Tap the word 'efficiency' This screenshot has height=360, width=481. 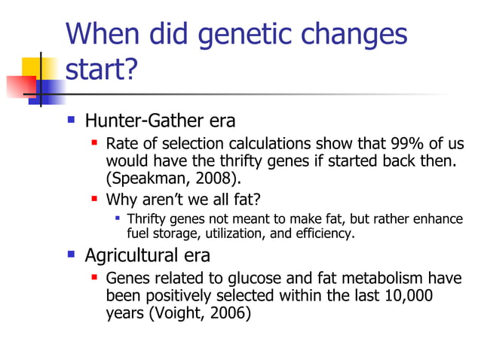pos(323,233)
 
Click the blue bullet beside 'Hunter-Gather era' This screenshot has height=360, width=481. pos(71,119)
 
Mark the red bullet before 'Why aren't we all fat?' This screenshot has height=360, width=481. pos(94,199)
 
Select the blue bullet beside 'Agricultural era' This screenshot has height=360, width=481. pos(71,253)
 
